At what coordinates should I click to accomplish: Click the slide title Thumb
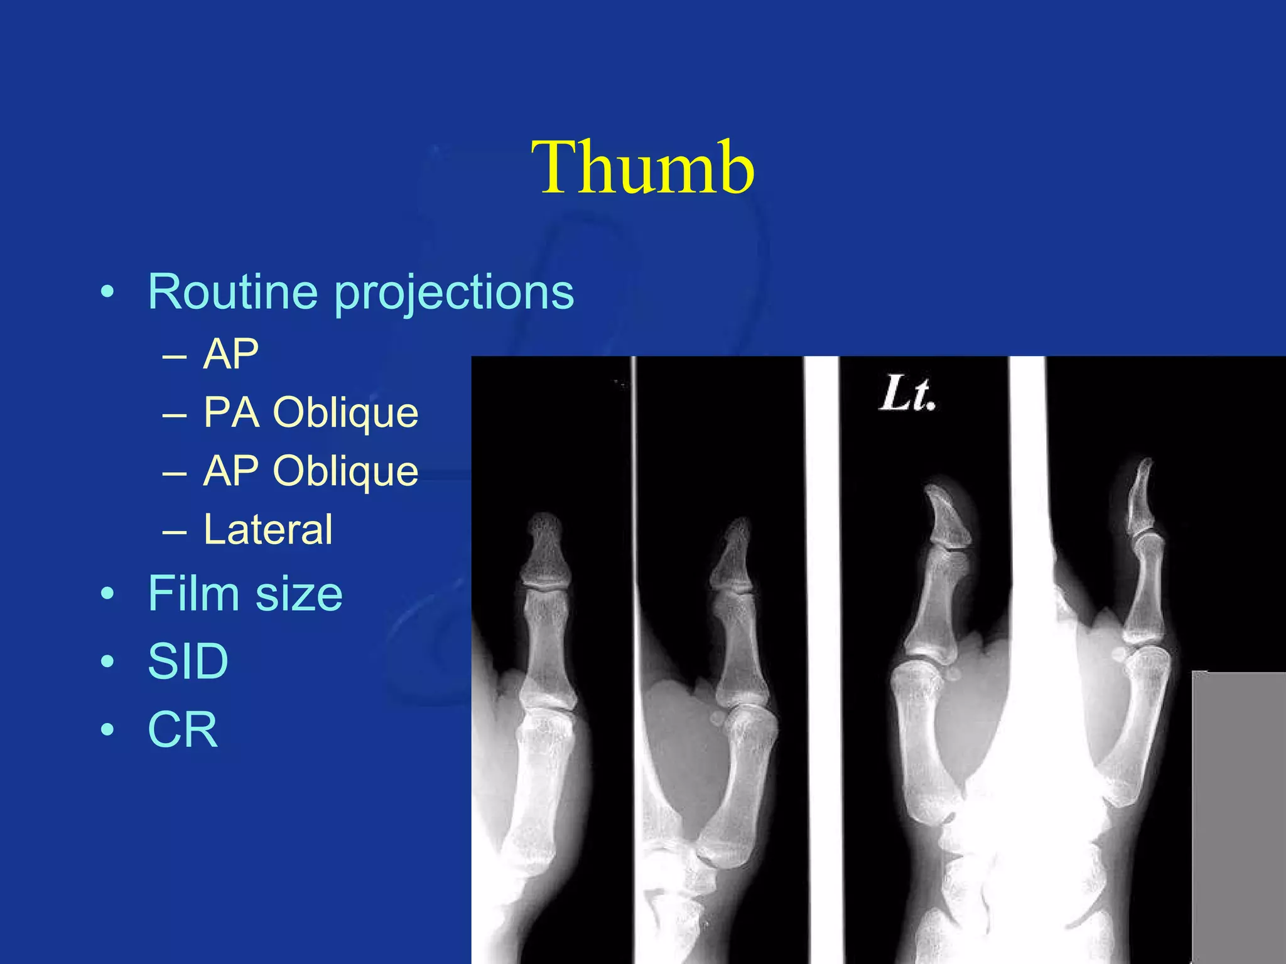tap(642, 168)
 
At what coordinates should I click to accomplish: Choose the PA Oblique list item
tap(310, 413)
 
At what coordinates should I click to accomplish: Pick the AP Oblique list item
tap(310, 471)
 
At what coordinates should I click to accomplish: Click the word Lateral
tap(267, 530)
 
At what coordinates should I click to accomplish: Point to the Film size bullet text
tap(245, 594)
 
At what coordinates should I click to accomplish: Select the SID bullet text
tap(188, 661)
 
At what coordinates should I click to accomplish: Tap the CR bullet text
tap(183, 729)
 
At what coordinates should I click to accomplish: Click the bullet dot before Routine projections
tap(108, 292)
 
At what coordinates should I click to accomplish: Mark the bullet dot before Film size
tap(108, 594)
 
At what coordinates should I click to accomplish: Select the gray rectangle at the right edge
tap(1238, 816)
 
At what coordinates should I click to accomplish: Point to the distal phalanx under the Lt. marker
tap(948, 518)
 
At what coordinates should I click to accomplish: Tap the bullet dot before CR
tap(108, 730)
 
